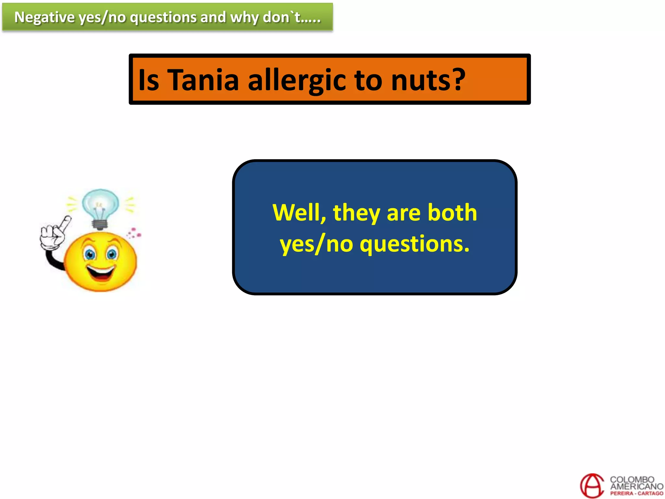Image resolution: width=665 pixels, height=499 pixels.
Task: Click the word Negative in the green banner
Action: tap(44, 17)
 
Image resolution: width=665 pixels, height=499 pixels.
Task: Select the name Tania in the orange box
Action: tap(203, 80)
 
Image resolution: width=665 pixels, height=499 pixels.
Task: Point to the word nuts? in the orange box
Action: tap(428, 80)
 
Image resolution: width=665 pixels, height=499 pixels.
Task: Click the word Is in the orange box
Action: tap(149, 80)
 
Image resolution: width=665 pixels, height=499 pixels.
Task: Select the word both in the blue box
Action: tap(452, 213)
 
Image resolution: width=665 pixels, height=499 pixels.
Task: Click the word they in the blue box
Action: tap(356, 213)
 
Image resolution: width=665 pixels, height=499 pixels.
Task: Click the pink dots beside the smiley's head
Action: tap(134, 233)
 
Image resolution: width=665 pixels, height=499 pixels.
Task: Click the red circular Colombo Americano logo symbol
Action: tap(592, 485)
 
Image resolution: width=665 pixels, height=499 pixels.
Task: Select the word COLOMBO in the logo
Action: tap(632, 480)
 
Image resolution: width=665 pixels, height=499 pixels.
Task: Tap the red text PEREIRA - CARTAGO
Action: tap(636, 493)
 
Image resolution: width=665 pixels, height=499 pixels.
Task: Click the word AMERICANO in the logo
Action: tap(636, 486)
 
